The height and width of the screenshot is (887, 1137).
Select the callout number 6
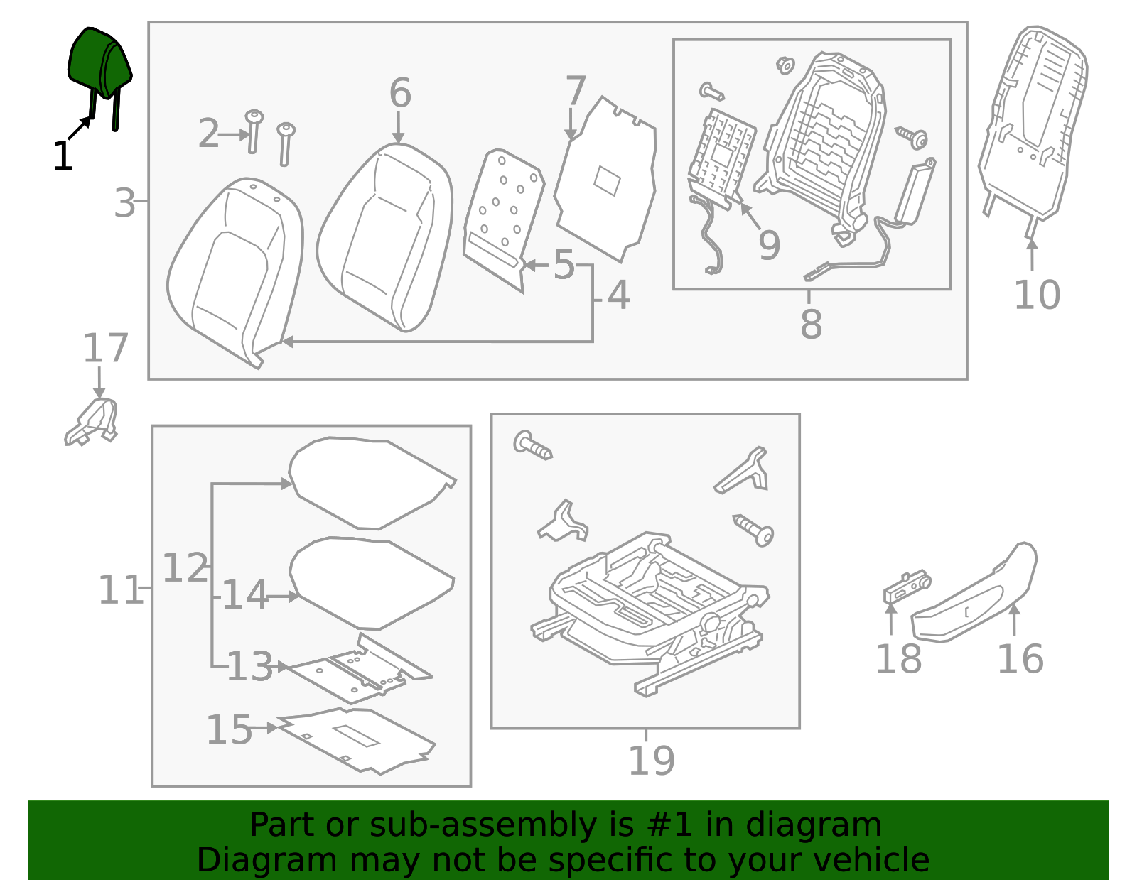coord(400,94)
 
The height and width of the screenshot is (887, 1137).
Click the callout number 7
coord(575,91)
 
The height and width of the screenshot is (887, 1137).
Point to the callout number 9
coord(769,245)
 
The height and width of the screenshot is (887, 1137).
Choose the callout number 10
coord(1036,295)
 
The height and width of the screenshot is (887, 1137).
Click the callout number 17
coord(105,349)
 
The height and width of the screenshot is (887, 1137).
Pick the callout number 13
coord(249,667)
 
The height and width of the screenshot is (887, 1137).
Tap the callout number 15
coord(229,730)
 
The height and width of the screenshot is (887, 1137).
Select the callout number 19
coord(651,761)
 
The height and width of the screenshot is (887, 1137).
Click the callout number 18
coord(898,660)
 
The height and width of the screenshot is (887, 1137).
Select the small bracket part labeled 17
coord(93,423)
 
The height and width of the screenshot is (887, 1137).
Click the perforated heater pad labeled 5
coord(502,217)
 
